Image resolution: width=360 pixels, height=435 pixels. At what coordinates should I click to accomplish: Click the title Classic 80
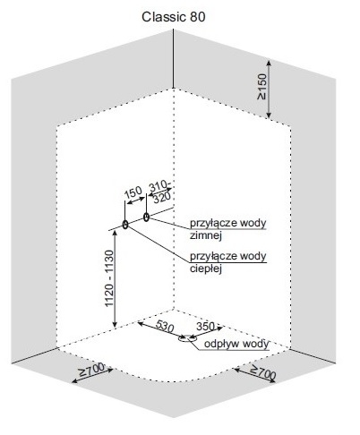(x=174, y=17)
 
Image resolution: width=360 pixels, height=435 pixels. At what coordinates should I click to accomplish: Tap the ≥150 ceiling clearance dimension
(x=261, y=87)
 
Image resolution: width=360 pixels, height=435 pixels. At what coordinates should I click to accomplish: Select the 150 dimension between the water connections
(x=133, y=192)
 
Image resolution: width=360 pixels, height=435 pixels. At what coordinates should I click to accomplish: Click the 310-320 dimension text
(x=160, y=192)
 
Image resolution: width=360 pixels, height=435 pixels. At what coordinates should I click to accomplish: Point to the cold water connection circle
(x=146, y=217)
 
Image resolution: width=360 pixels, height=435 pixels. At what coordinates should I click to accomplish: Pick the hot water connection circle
(x=125, y=225)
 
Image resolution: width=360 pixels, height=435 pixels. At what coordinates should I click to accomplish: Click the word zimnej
(x=206, y=235)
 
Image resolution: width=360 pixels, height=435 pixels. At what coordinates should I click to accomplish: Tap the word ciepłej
(x=206, y=269)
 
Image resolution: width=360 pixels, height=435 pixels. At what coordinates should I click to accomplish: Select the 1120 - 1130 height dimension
(x=109, y=278)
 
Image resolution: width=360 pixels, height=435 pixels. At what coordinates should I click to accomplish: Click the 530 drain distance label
(x=165, y=326)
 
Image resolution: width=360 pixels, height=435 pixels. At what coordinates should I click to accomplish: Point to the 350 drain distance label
(x=205, y=327)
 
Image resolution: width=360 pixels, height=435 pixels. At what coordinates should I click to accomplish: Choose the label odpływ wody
(x=236, y=344)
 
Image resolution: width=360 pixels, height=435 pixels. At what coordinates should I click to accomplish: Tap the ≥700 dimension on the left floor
(x=91, y=370)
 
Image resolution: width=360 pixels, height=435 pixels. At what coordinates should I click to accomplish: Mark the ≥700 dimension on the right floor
(x=263, y=372)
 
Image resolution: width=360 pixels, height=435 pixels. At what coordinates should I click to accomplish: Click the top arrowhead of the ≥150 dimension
(x=269, y=63)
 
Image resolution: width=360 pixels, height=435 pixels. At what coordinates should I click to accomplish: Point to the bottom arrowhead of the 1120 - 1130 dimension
(x=115, y=325)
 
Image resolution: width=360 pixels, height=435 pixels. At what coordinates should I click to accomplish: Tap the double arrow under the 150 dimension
(x=135, y=200)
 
